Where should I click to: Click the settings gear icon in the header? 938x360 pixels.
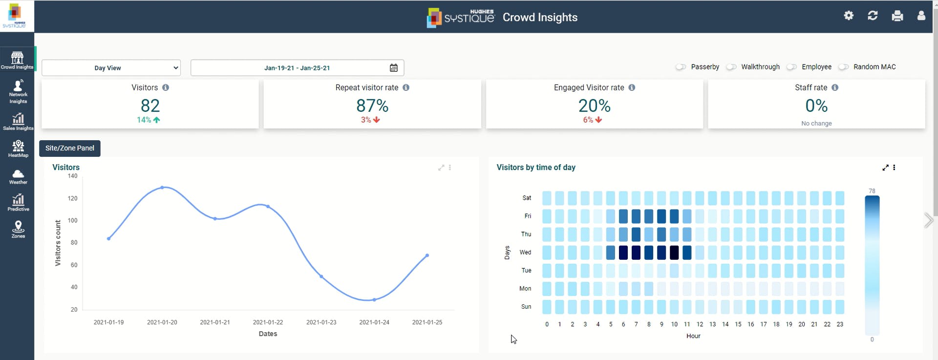click(849, 16)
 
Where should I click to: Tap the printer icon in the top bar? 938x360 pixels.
click(897, 16)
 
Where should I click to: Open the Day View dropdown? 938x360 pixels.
click(111, 68)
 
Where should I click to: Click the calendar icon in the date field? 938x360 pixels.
click(394, 68)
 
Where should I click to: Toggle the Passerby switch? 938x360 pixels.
click(681, 67)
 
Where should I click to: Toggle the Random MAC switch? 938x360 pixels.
click(843, 67)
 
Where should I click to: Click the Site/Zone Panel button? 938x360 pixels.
click(70, 148)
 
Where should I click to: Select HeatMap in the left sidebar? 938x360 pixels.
click(18, 149)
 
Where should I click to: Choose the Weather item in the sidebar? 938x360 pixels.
click(18, 176)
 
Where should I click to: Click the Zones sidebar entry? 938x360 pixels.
click(18, 229)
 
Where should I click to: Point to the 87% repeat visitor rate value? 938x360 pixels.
click(372, 106)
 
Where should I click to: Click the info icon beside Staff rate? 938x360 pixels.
click(835, 87)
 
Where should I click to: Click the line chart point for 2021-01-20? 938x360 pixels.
click(162, 188)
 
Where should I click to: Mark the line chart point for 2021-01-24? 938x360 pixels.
click(374, 299)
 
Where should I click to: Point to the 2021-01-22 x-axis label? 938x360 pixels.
click(268, 322)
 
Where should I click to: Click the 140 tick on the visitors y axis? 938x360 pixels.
click(72, 176)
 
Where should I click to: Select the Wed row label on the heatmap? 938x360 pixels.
click(525, 253)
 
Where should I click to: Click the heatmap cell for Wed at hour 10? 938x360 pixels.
click(674, 253)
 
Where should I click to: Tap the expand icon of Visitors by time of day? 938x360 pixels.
click(885, 168)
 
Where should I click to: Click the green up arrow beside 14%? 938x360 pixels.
click(157, 120)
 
